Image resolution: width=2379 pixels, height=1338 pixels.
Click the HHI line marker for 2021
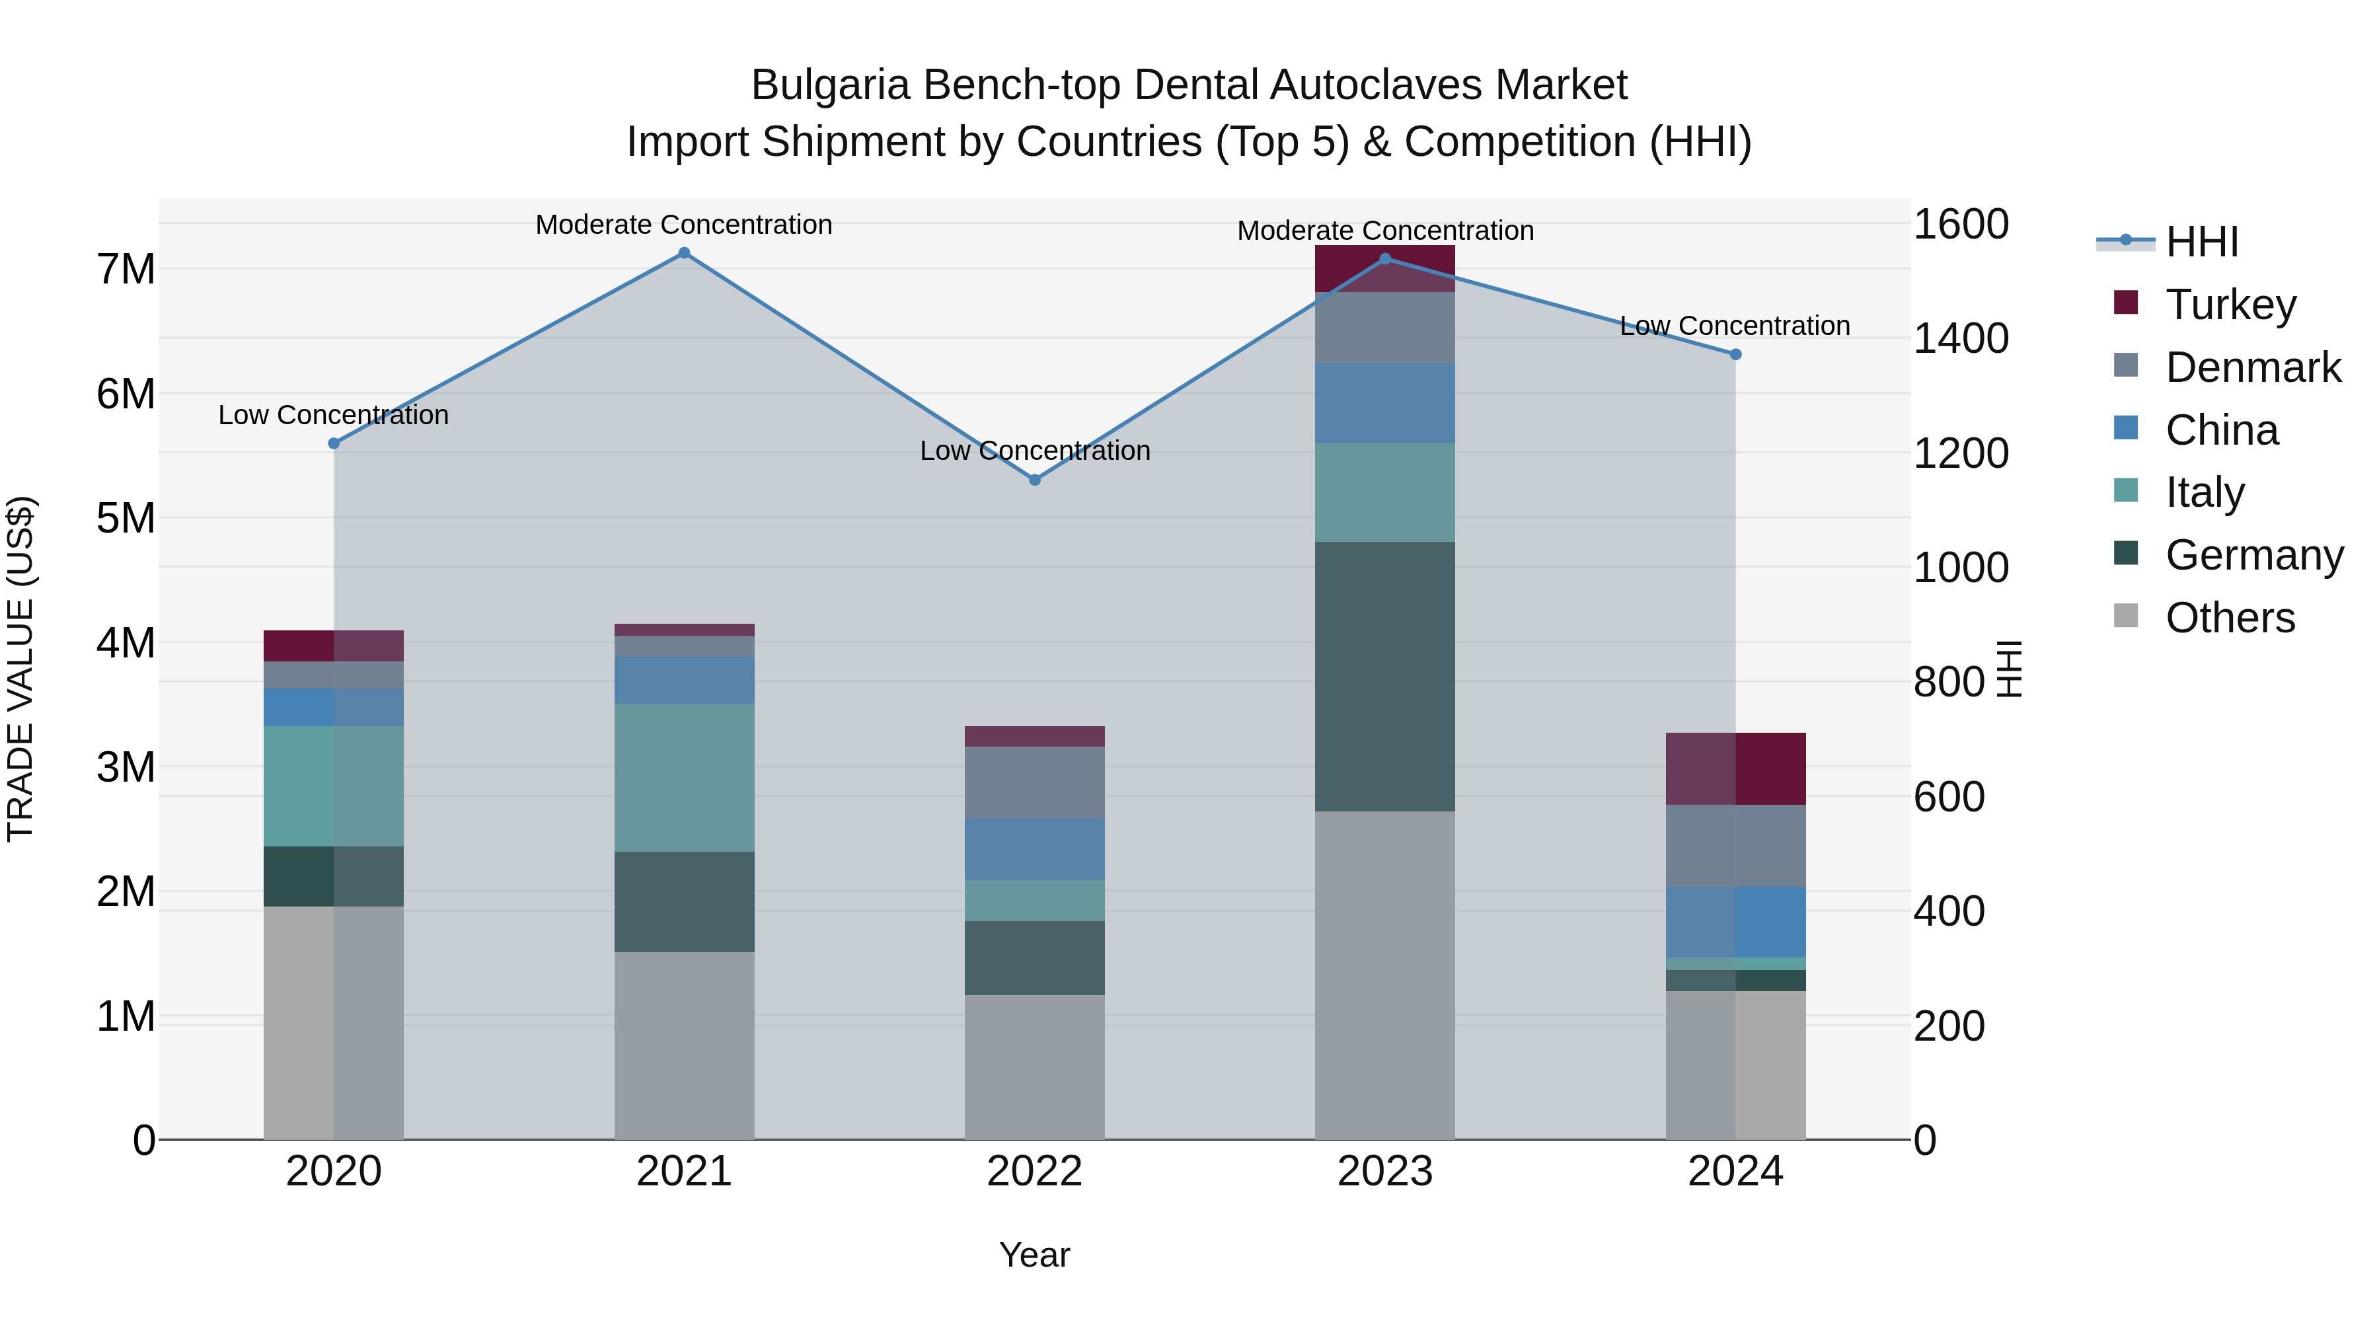pos(685,253)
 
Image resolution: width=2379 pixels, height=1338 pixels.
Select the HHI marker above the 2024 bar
pos(1735,355)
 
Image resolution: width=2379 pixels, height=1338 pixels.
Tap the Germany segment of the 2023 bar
pos(1384,676)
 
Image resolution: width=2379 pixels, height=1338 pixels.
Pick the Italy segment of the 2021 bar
pos(685,778)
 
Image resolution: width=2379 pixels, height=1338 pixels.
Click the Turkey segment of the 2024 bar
pos(1735,768)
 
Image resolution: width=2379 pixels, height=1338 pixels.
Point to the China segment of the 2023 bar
pos(1384,404)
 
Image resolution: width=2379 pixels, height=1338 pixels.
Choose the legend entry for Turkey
pos(2230,305)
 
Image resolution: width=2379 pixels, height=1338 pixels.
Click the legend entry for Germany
pos(2253,555)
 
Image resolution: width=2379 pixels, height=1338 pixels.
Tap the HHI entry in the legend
pos(2202,242)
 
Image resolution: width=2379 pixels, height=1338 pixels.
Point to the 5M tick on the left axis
pos(126,518)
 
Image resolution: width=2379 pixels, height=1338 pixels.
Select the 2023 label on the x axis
pos(1384,1171)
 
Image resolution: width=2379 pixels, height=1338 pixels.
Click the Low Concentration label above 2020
pos(334,416)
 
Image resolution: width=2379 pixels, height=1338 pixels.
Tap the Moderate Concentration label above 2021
pos(685,225)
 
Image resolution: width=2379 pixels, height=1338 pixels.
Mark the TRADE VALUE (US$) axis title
pos(20,669)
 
